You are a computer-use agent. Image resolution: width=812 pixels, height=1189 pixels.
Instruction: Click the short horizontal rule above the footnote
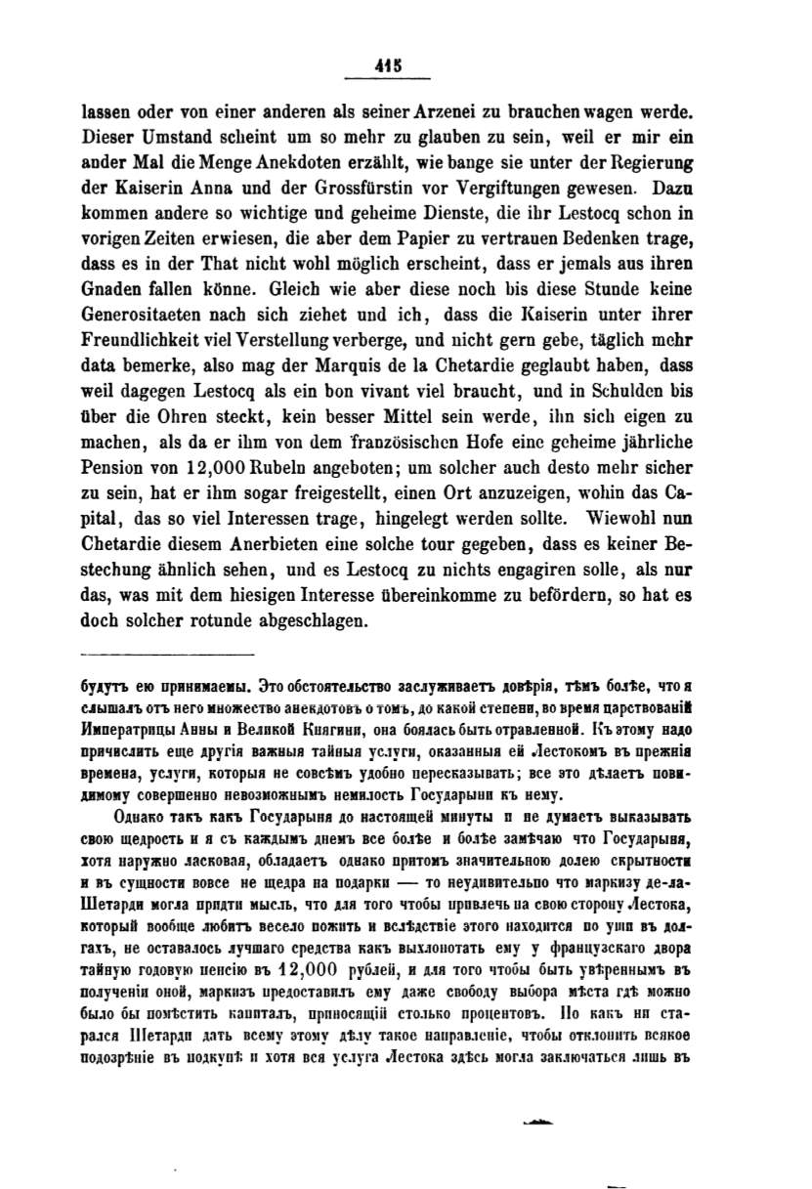coord(165,654)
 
